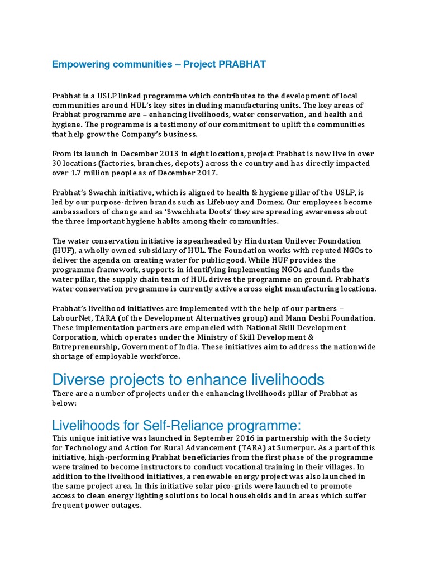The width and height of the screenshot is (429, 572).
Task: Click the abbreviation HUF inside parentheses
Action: point(62,251)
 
